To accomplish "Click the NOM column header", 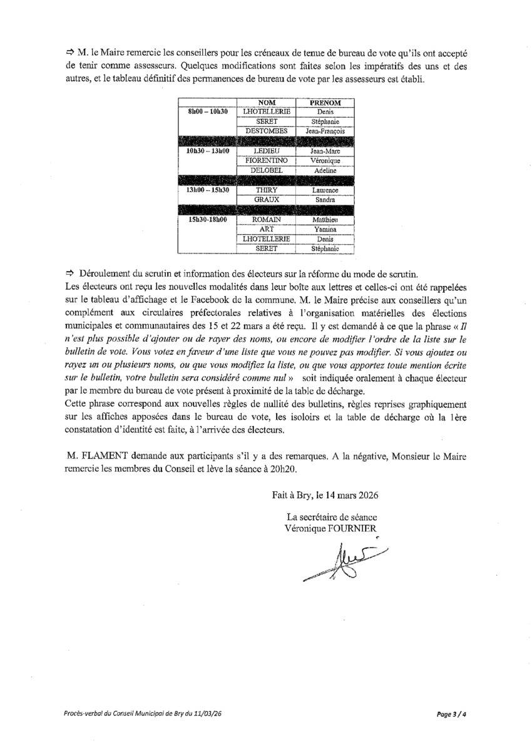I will click(267, 102).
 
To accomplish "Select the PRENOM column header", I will click(325, 102).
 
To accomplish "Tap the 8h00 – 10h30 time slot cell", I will click(207, 111).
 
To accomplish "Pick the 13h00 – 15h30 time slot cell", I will click(207, 190).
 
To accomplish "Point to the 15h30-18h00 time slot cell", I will click(207, 220).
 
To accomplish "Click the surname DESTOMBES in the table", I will click(267, 131).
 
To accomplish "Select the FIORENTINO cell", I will click(267, 161).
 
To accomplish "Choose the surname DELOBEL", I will click(267, 170).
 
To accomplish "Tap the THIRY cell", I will click(267, 190).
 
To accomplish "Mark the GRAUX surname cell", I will click(267, 200).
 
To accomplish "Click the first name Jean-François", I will click(325, 131).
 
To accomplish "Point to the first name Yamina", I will click(325, 230).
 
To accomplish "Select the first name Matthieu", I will click(325, 220).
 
